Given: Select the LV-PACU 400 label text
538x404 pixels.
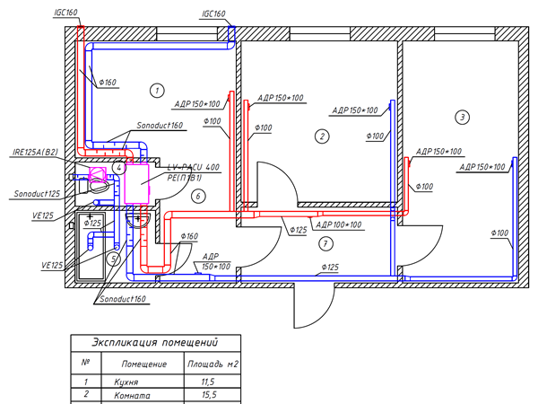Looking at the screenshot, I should pos(194,168).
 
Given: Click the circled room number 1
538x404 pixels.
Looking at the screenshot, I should pos(157,91).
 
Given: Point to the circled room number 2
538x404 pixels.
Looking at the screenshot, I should pos(321,136).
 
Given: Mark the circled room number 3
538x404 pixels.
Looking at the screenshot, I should pos(462,117).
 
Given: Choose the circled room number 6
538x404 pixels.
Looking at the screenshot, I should pos(199,195).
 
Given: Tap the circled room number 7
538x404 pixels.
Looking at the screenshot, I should pos(325,245).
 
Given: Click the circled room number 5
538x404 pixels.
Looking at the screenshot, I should pos(113,259).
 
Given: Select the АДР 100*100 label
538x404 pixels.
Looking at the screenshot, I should pos(341,224).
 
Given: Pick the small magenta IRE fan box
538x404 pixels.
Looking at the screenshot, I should pos(98,172).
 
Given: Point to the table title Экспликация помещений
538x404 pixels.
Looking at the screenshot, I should pos(154,343).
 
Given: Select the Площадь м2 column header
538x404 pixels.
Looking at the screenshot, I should pos(212,364).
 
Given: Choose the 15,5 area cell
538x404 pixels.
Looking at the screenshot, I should pos(205,395).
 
